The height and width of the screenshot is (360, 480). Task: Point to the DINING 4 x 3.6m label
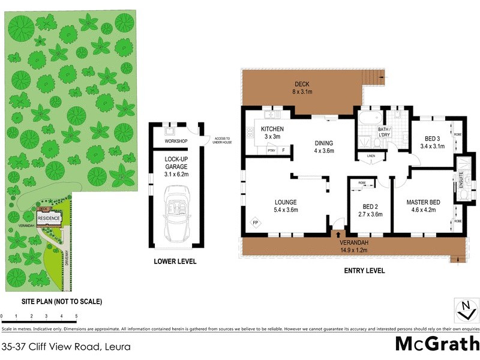pos(323,147)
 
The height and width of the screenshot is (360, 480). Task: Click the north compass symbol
pos(466,310)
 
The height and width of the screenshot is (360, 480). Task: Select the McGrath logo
pos(437,344)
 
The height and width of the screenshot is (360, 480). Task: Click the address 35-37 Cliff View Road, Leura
pos(66,346)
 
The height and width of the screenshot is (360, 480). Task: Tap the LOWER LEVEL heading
pos(175,262)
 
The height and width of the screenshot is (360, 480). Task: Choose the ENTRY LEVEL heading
pos(364,271)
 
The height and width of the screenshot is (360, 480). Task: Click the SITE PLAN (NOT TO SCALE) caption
pos(53,301)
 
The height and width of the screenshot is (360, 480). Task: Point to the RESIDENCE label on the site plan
pos(49,218)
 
